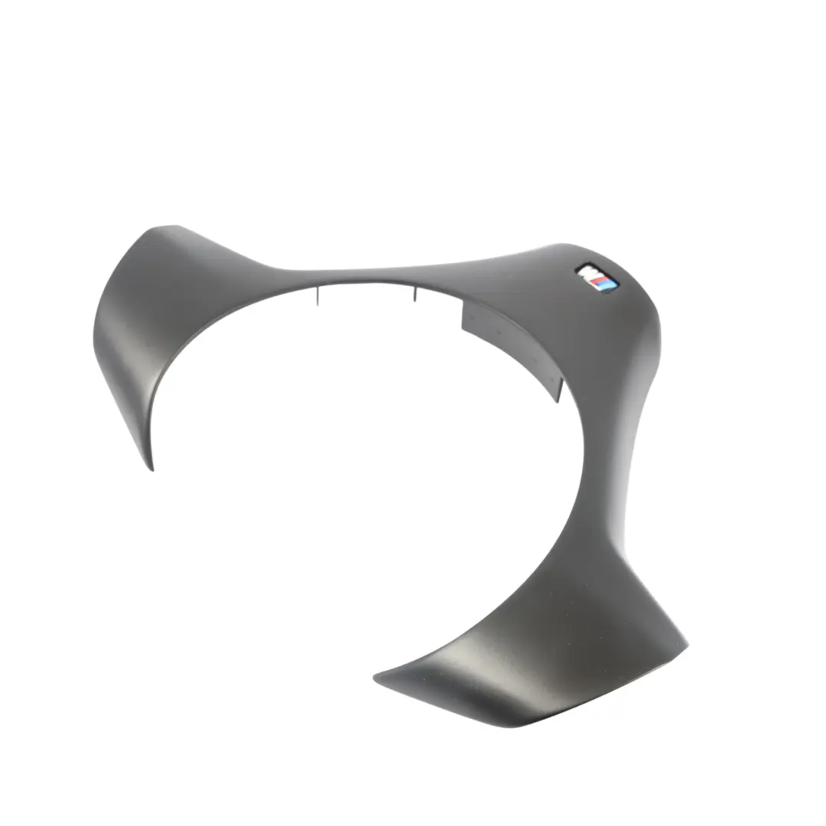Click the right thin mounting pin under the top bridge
(415, 294)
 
